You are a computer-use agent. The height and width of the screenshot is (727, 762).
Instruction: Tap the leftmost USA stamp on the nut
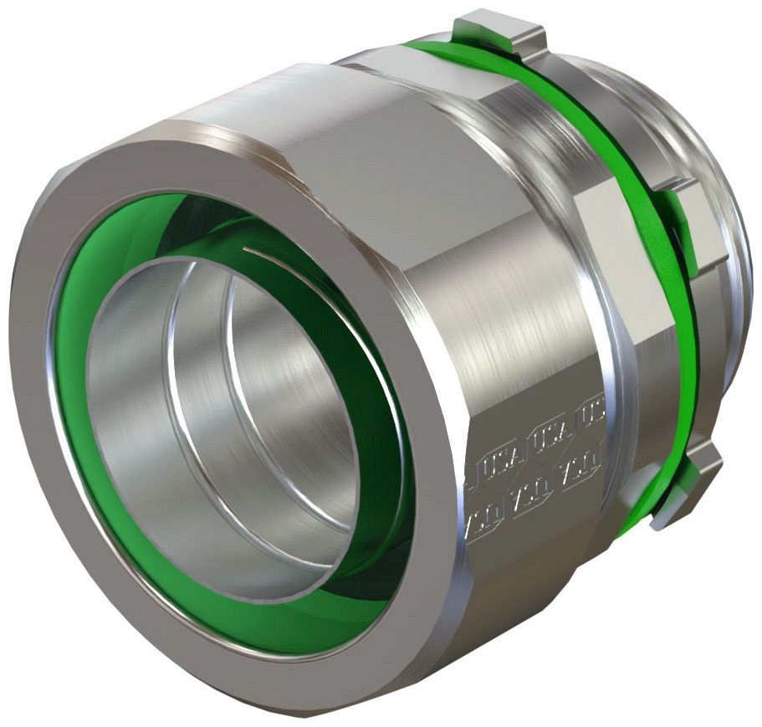point(489,464)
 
